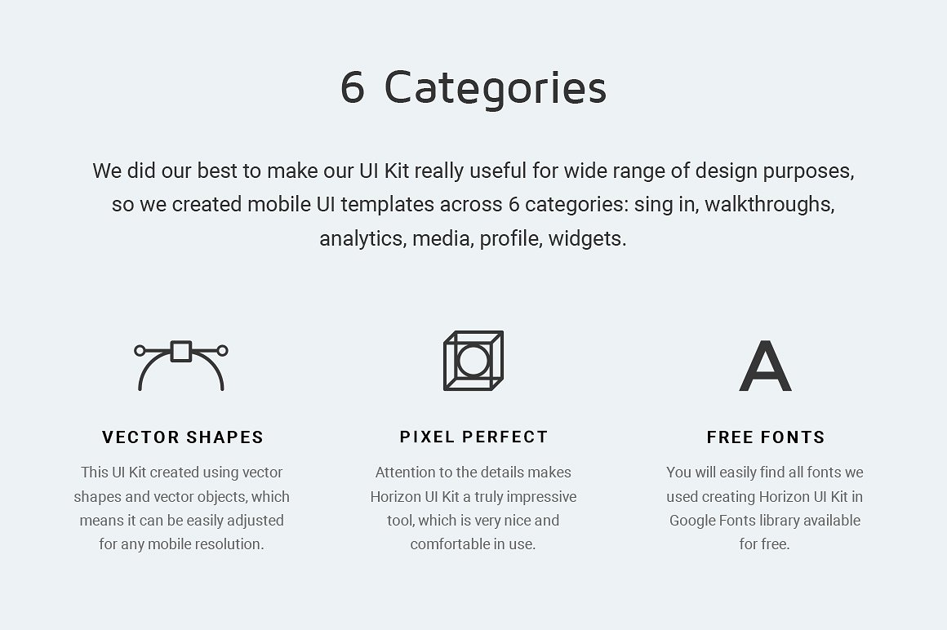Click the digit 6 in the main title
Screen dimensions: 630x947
click(352, 87)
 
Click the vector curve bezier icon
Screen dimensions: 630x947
click(181, 366)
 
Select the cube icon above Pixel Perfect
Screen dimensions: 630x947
click(473, 361)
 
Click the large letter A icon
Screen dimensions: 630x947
click(765, 366)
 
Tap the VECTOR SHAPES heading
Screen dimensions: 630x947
click(183, 437)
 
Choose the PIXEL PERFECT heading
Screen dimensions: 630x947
click(473, 437)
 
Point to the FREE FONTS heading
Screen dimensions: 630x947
click(766, 437)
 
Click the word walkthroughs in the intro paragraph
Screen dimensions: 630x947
click(769, 205)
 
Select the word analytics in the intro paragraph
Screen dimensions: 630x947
click(362, 239)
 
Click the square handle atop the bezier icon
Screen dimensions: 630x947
click(181, 352)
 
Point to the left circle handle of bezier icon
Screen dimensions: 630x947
click(140, 351)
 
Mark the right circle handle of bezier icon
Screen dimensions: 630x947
click(223, 351)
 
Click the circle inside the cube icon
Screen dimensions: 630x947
click(473, 361)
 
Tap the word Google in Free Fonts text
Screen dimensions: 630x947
click(692, 521)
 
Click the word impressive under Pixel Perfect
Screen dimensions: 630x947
click(540, 497)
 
